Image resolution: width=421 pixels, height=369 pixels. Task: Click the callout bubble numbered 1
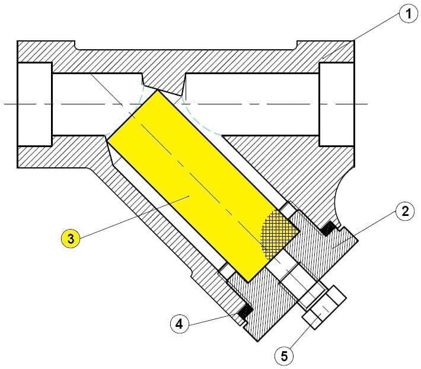[409, 14]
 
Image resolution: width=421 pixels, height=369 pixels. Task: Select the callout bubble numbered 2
[405, 211]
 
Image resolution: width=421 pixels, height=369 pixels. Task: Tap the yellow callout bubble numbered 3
[71, 238]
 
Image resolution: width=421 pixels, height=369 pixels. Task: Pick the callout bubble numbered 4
[179, 324]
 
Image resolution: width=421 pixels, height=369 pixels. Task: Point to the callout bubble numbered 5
[284, 356]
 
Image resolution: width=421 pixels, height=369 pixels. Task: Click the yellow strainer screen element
[203, 185]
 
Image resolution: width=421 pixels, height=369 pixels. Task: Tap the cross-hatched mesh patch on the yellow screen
[279, 234]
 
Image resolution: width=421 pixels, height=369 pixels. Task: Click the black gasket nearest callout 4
[245, 311]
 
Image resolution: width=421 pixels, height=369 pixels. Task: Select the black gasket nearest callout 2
[328, 229]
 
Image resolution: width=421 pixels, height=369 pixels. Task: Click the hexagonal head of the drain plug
[324, 307]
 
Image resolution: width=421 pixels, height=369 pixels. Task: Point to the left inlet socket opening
[34, 104]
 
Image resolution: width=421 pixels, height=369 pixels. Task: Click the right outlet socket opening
[336, 104]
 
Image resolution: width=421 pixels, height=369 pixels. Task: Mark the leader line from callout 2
[365, 230]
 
